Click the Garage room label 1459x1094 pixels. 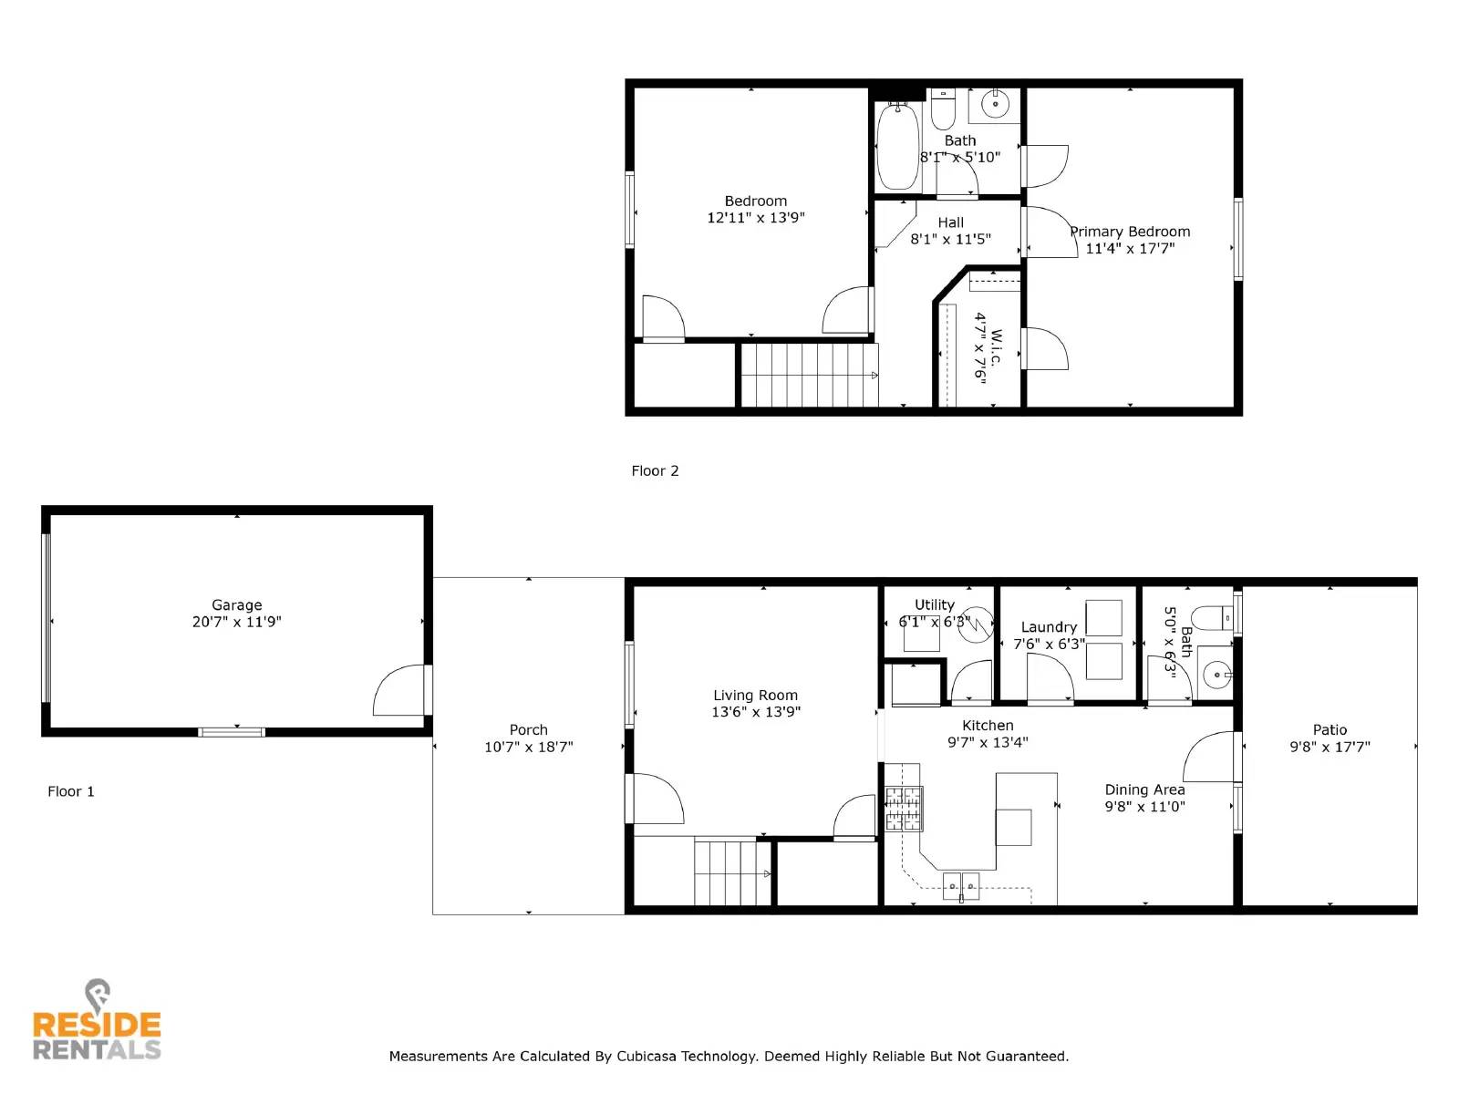pos(236,604)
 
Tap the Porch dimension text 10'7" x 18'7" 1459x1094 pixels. pos(528,747)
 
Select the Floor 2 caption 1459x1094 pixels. pos(655,470)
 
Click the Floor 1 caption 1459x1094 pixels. pos(71,791)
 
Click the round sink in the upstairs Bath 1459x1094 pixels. pos(995,105)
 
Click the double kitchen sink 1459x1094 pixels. pos(960,885)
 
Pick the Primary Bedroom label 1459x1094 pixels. pos(1130,232)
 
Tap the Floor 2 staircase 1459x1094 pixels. pos(808,375)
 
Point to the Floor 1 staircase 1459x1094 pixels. pos(732,872)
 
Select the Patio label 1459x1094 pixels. pos(1330,729)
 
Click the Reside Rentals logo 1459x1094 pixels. pos(97,1023)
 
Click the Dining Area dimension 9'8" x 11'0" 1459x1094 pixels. pos(1144,807)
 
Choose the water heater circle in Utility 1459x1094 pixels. pos(976,624)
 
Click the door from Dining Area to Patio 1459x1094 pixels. pos(1210,758)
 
